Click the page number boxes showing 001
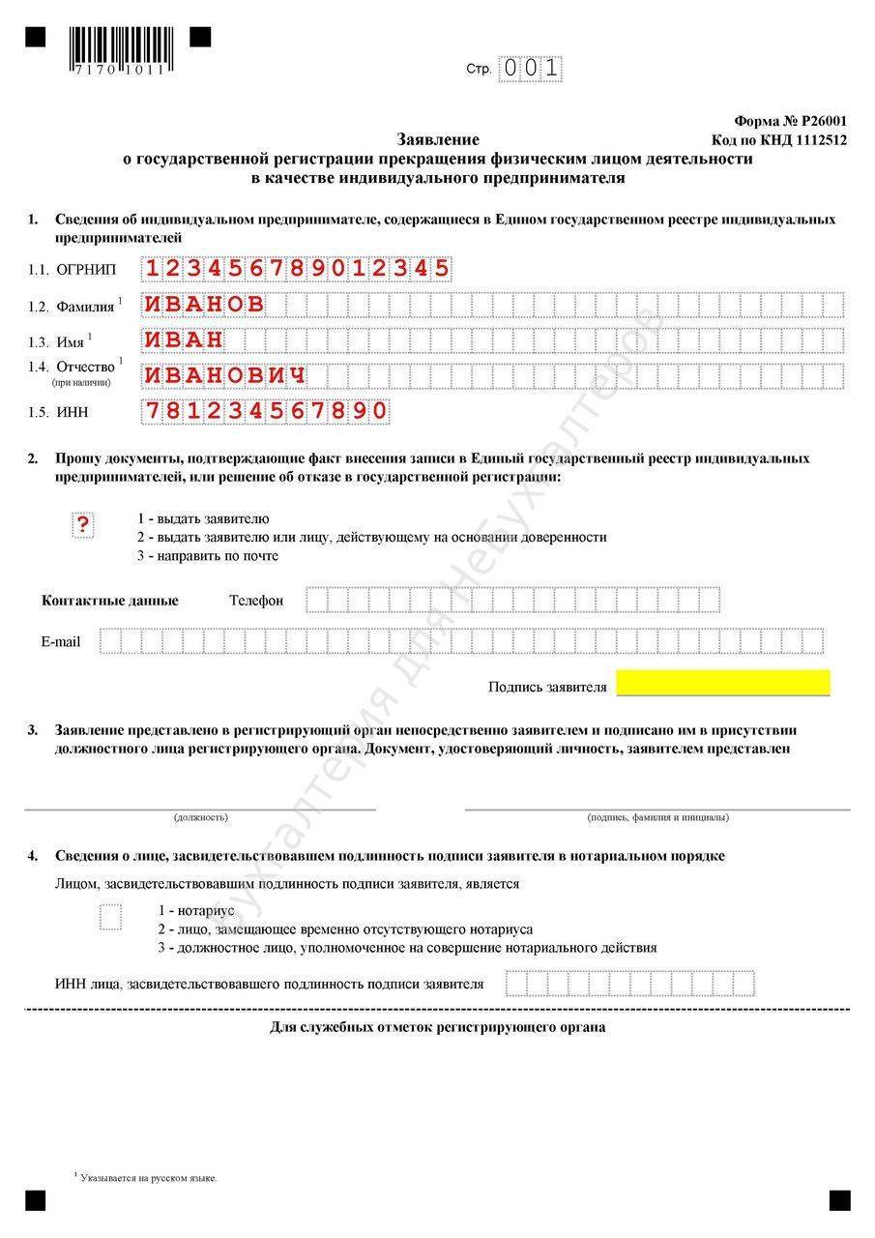tap(530, 69)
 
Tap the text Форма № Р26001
tap(790, 121)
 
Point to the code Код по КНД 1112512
tap(779, 139)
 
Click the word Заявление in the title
tap(438, 139)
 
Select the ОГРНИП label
tap(85, 270)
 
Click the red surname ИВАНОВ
tap(204, 305)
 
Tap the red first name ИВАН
tap(184, 340)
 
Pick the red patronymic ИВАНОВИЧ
tap(225, 375)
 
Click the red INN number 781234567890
tap(266, 411)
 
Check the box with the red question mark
tap(84, 525)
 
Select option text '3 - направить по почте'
tap(208, 555)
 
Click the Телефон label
tap(256, 601)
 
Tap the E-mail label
tap(61, 641)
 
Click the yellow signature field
tap(723, 683)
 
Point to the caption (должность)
tap(201, 817)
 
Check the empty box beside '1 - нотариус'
tap(111, 916)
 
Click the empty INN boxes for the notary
tap(628, 984)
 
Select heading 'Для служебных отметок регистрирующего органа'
tap(437, 1027)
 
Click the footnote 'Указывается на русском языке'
tap(149, 1178)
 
